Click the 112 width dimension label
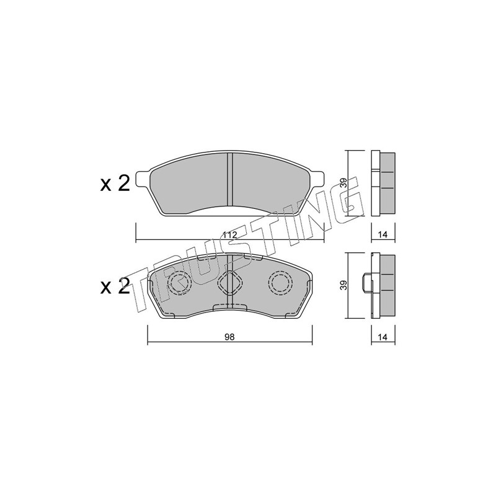229,236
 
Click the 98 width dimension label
229,337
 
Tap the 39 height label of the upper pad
344,183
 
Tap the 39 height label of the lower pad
344,285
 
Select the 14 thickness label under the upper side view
383,235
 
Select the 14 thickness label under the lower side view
383,337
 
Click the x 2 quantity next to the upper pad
115,184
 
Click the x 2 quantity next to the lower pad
115,286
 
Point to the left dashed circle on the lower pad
180,283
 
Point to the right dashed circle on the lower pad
280,283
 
